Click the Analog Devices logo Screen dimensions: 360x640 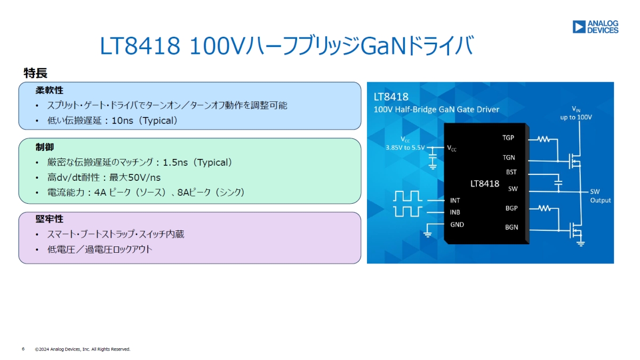click(x=595, y=27)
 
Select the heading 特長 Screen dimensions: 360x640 click(x=36, y=73)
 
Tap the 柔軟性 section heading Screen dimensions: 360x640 click(x=50, y=91)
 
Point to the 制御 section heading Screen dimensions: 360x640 click(x=45, y=147)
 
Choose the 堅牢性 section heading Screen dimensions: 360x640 click(x=50, y=219)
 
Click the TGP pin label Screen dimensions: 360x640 click(x=508, y=138)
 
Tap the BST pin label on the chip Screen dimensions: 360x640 click(x=511, y=172)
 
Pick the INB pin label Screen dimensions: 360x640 click(x=455, y=212)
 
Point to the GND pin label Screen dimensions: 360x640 click(x=457, y=225)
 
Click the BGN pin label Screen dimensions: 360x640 click(x=511, y=228)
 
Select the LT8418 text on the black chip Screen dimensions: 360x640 click(x=484, y=183)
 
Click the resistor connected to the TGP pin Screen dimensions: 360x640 click(x=543, y=139)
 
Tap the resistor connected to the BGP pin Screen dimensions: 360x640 click(x=543, y=209)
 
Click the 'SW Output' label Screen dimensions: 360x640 click(x=600, y=196)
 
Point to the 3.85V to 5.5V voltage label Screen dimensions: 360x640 click(x=405, y=148)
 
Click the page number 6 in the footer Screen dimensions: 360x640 click(x=23, y=349)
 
